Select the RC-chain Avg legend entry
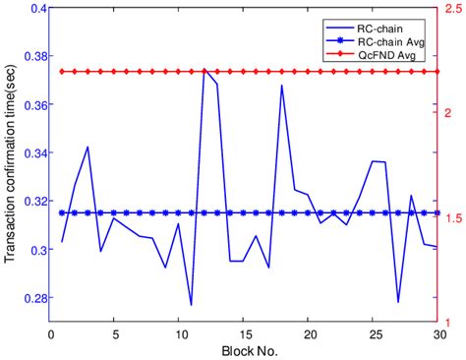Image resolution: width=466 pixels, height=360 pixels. pyautogui.click(x=391, y=42)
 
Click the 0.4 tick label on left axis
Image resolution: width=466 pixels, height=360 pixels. pyautogui.click(x=37, y=9)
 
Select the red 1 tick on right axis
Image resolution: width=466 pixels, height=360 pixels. pyautogui.click(x=450, y=323)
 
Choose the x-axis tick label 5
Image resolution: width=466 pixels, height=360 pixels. pyautogui.click(x=114, y=334)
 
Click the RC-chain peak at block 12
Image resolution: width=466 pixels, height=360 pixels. pyautogui.click(x=204, y=71)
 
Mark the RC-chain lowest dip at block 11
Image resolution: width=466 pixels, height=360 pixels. pyautogui.click(x=191, y=305)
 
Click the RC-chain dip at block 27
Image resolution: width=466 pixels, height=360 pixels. pyautogui.click(x=398, y=302)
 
